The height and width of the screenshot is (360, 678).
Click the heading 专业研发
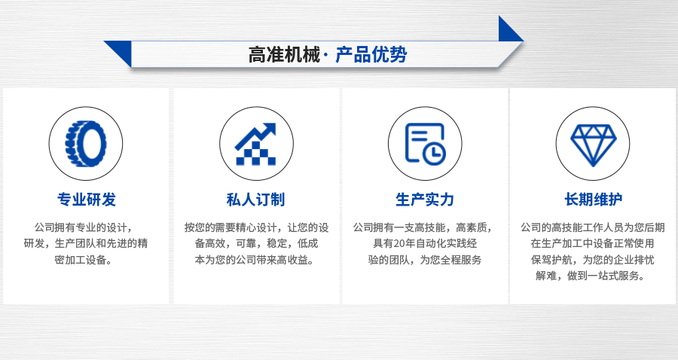tap(87, 200)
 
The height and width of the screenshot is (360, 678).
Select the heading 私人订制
tap(256, 200)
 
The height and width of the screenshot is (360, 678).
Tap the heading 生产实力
tap(425, 200)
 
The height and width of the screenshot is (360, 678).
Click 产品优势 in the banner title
tap(371, 55)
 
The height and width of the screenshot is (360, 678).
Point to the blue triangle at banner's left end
tap(121, 51)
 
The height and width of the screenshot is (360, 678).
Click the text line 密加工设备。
tap(86, 260)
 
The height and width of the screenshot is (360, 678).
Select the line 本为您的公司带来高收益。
tap(255, 260)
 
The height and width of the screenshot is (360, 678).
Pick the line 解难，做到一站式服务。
tap(591, 276)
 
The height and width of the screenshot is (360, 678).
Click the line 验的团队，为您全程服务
tap(425, 260)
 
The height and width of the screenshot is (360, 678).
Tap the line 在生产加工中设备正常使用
tap(592, 243)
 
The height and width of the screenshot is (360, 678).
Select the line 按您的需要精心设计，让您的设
tap(256, 227)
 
